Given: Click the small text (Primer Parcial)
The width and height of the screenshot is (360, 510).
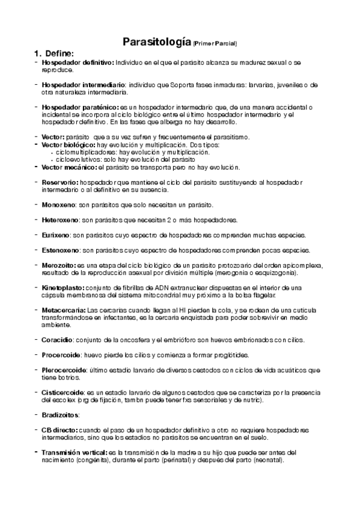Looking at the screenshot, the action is click(215, 43).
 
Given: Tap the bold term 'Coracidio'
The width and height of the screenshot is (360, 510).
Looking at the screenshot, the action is click(58, 340).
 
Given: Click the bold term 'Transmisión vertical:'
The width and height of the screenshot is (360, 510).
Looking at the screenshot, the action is click(75, 452).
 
